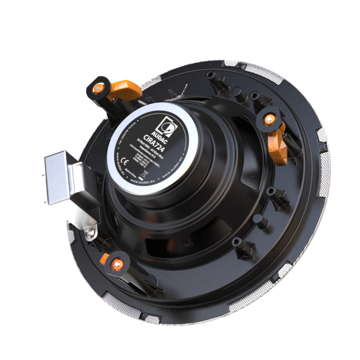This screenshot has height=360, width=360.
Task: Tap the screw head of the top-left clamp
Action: (98, 86)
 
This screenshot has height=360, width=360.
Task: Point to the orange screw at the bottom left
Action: (118, 264)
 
